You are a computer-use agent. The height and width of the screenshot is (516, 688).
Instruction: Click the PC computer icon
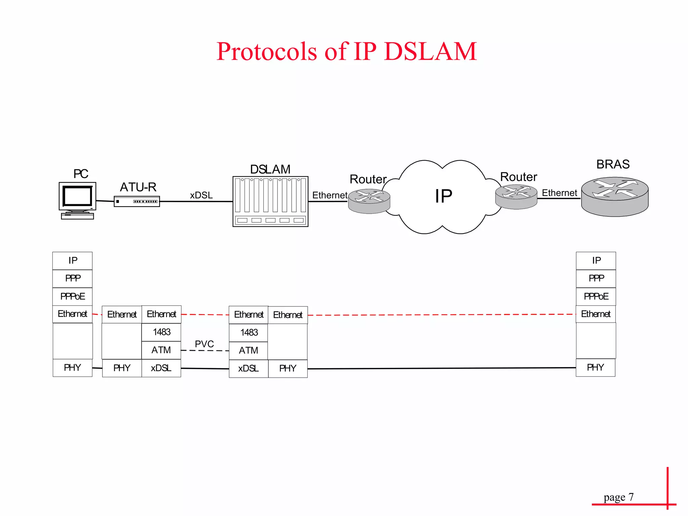point(77,200)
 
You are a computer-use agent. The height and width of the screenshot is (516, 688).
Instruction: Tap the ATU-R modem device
point(137,202)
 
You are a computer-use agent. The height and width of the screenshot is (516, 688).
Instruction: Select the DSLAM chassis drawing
point(270,201)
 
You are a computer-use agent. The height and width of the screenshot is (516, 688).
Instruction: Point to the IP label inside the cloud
point(443,196)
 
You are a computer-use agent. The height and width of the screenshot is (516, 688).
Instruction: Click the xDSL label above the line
point(201,195)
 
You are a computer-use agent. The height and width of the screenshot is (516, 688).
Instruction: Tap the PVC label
point(204,344)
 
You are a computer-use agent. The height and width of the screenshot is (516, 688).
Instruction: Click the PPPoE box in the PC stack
point(73,296)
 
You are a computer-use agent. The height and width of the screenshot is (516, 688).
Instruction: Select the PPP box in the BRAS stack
point(596,278)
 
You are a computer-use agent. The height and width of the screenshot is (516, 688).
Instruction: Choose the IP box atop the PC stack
point(73,261)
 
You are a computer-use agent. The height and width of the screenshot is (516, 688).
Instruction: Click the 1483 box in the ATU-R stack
point(162,332)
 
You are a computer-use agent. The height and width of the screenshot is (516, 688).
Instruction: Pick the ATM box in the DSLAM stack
point(249,351)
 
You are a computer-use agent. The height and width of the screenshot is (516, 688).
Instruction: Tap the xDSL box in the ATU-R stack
point(161,368)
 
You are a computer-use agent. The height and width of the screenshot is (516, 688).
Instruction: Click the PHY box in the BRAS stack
point(596,368)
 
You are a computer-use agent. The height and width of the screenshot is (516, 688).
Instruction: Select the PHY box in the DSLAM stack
point(288,369)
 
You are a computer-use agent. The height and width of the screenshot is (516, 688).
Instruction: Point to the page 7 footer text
point(618,497)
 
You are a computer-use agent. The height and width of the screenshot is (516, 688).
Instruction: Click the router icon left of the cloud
point(369,201)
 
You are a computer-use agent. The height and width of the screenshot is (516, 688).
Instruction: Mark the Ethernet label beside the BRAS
point(559,193)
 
